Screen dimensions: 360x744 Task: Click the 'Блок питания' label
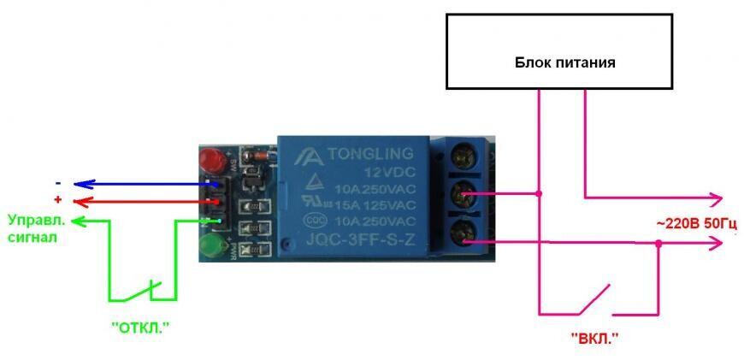(564, 62)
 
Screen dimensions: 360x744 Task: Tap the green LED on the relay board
(210, 249)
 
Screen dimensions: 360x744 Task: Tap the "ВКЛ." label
(594, 338)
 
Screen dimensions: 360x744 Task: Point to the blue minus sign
(57, 182)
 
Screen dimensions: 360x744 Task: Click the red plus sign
(57, 199)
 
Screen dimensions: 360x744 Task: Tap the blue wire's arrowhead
(79, 183)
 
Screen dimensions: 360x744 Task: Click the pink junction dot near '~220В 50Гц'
(658, 243)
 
